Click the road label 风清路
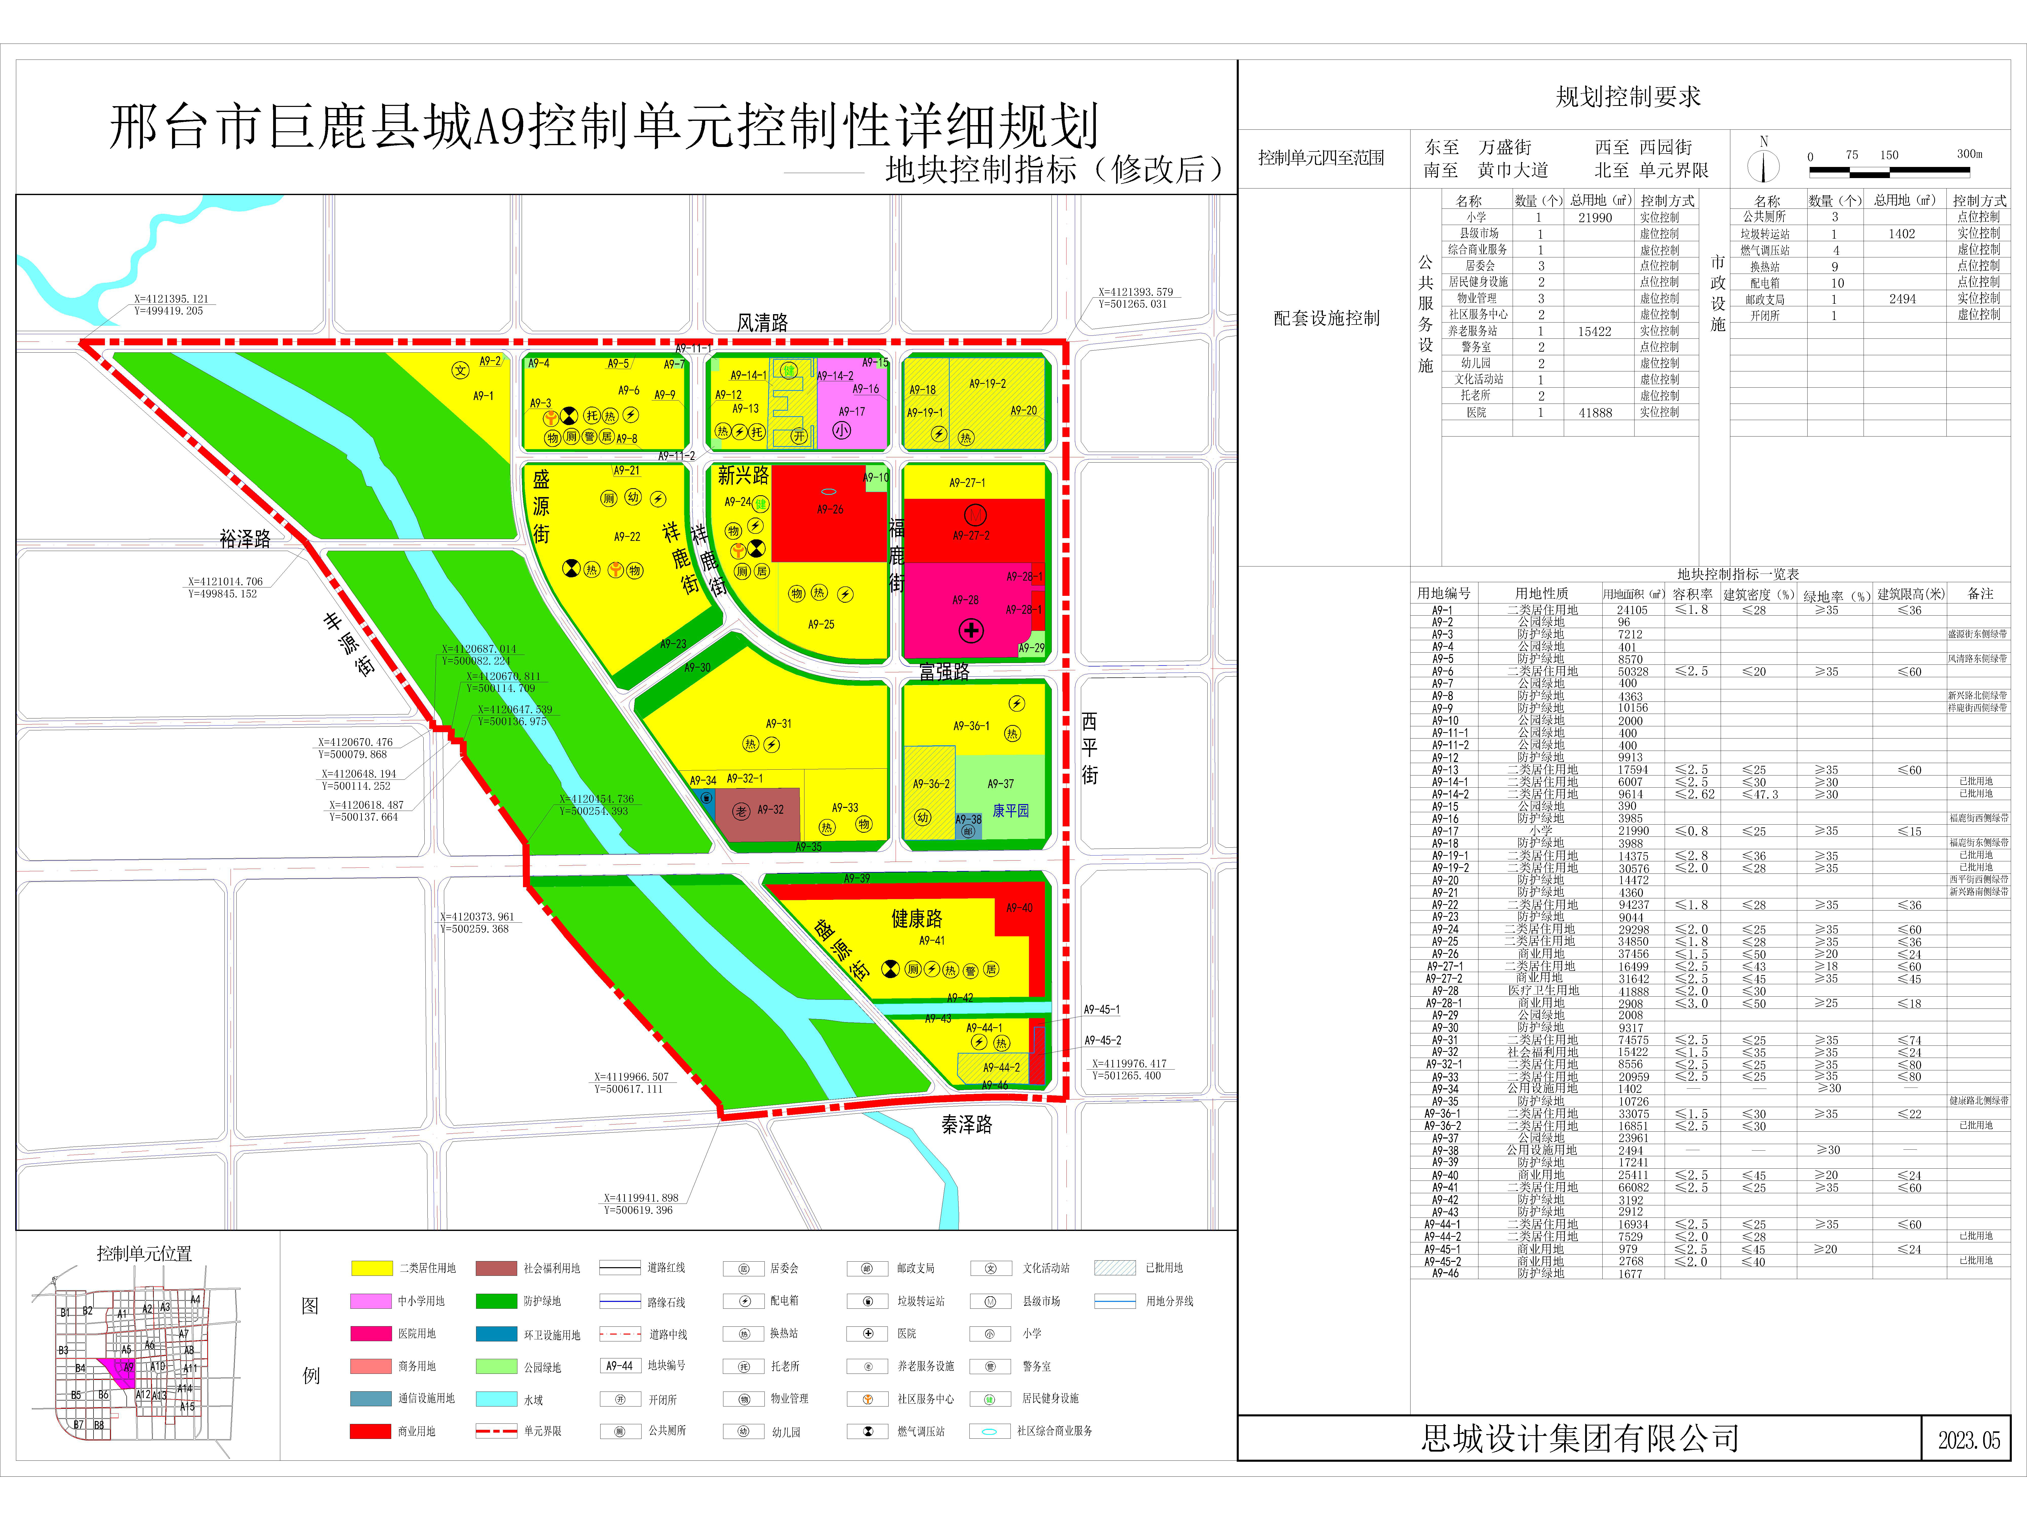tap(762, 322)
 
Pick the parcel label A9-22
tap(627, 537)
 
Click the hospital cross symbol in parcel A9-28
tap(971, 630)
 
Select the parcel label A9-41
tap(932, 940)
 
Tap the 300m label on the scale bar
tap(1969, 154)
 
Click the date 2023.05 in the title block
tap(1968, 1439)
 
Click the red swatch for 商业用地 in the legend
tap(370, 1431)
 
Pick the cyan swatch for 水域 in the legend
tap(496, 1399)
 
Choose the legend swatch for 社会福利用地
tap(496, 1268)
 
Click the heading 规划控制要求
tap(1627, 97)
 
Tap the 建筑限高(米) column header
tap(1911, 594)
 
